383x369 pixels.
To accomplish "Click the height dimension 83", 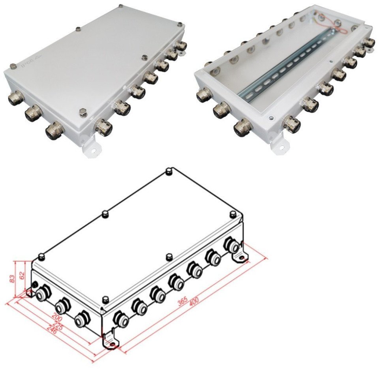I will point(12,279).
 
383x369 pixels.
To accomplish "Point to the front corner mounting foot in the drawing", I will point(109,343).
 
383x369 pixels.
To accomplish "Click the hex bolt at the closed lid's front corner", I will point(83,112).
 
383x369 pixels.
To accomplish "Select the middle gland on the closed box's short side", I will point(34,113).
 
